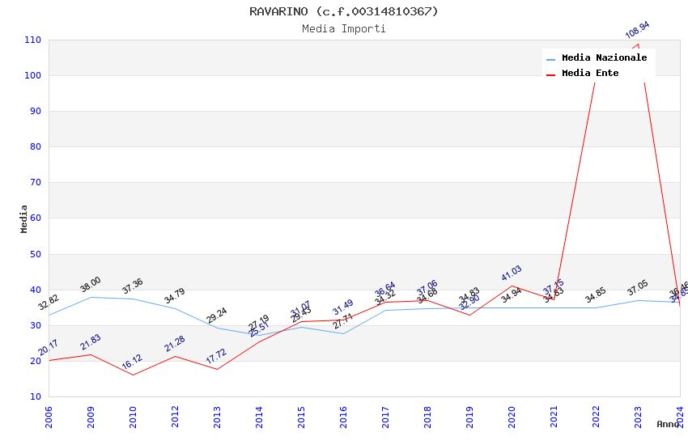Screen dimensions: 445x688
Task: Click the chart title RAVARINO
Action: [343, 11]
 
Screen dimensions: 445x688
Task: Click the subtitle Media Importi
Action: [343, 29]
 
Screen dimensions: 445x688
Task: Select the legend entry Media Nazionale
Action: [604, 58]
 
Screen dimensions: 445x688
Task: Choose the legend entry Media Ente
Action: [590, 74]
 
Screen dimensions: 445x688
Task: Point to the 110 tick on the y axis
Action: [33, 40]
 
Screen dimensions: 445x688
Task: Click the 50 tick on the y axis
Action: [36, 255]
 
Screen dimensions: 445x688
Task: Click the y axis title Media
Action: [24, 218]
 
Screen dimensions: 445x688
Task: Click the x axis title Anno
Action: [669, 425]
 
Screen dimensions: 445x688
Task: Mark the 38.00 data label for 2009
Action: [91, 285]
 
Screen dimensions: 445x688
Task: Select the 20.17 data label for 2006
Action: [49, 348]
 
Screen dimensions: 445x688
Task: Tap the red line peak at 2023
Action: [638, 44]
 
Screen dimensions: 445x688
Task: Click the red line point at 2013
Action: [217, 369]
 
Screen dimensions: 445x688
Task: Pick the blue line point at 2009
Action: [91, 297]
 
